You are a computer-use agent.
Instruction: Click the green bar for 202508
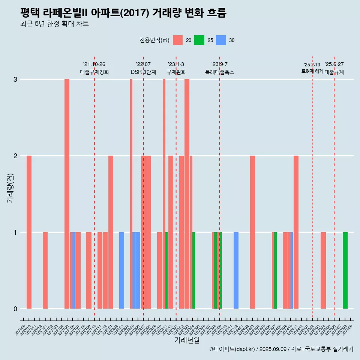point(345,270)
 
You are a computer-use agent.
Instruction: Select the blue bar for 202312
point(236,270)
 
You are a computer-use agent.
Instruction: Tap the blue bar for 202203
point(121,270)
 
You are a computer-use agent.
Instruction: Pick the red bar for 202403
point(252,232)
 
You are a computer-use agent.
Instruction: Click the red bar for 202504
point(323,270)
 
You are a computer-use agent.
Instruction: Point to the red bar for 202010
point(29,232)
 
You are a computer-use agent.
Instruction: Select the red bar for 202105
point(67,194)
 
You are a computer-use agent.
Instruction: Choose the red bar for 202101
point(45,270)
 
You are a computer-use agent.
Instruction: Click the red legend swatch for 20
point(178,40)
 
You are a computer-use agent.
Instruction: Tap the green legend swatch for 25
point(199,40)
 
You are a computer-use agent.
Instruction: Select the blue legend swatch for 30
point(221,40)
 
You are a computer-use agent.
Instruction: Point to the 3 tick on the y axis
point(15,79)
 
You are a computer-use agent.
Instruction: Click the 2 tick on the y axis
point(15,156)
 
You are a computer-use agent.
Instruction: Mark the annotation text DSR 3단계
point(143,72)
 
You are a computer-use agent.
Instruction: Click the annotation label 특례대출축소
point(219,72)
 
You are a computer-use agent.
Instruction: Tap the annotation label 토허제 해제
point(312,71)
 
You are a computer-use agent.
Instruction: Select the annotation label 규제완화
point(176,72)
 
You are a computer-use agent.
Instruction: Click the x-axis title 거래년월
point(187,340)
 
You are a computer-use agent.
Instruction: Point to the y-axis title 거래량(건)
point(10,187)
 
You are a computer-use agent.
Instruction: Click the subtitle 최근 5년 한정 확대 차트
point(54,24)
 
